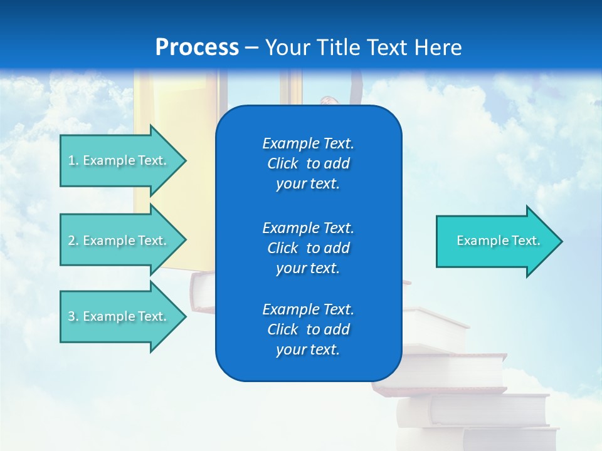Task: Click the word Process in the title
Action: (x=197, y=48)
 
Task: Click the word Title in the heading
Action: (x=339, y=48)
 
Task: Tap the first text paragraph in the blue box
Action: (x=308, y=163)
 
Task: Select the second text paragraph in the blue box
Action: (x=308, y=247)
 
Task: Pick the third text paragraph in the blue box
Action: (x=308, y=329)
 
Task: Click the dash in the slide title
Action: (x=252, y=48)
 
